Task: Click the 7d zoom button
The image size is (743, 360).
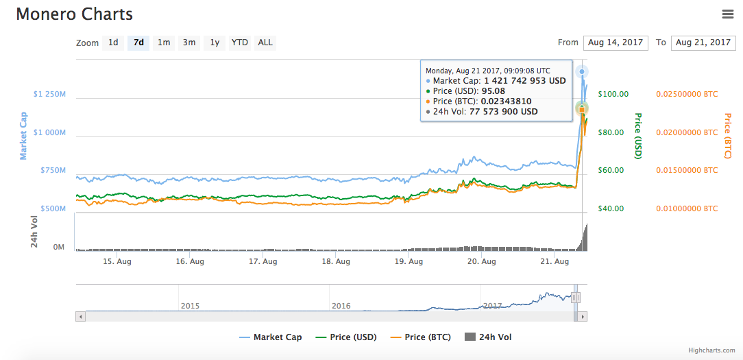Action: pos(138,43)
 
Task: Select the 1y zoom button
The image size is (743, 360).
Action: pos(215,43)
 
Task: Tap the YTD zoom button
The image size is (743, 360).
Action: pos(240,43)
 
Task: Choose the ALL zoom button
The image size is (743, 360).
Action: pos(265,43)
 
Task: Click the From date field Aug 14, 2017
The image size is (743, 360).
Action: pos(616,43)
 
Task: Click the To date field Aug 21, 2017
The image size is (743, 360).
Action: pos(703,43)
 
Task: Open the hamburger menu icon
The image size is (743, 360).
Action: pos(728,14)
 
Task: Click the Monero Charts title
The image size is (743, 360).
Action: pos(75,14)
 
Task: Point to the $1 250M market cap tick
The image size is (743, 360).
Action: pos(49,94)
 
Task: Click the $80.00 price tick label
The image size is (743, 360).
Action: pos(611,132)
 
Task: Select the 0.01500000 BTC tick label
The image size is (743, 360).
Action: pos(687,170)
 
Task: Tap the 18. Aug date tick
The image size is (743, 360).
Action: pos(337,261)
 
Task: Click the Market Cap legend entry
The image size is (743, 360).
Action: pos(271,337)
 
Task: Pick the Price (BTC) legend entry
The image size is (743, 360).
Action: pos(420,337)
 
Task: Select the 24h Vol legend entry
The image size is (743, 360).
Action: pos(488,337)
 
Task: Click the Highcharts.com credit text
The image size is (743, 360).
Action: pos(711,350)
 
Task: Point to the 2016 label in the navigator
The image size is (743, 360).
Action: pos(341,306)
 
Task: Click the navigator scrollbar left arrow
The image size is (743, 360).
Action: pos(81,317)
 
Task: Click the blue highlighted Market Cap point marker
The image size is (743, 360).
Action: pos(582,72)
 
